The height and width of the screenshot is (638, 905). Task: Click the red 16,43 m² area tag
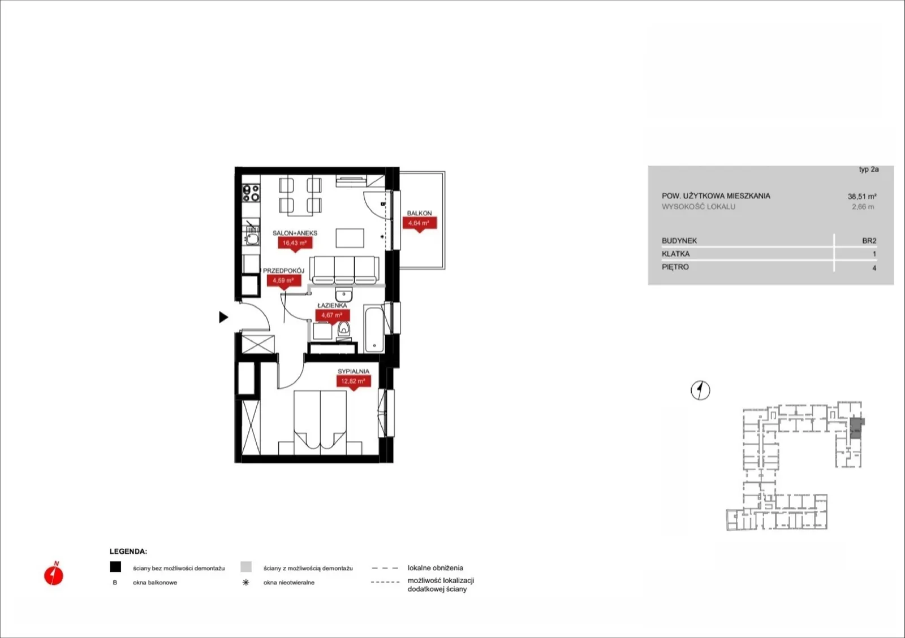tap(295, 244)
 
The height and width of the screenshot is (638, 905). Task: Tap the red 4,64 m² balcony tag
tap(419, 223)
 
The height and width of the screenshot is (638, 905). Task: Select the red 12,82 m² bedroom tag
tap(354, 381)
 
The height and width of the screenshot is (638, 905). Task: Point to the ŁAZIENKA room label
tap(332, 306)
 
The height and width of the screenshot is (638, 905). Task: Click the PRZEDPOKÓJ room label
tap(283, 271)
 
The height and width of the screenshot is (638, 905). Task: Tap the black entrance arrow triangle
tap(223, 317)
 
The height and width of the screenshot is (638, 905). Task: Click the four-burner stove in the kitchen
tap(251, 193)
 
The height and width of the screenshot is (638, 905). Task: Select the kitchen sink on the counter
tap(252, 236)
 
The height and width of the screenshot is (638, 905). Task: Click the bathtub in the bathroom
tap(374, 329)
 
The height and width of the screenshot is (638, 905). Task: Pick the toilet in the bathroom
tap(344, 329)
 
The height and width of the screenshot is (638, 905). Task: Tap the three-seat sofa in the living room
tap(344, 270)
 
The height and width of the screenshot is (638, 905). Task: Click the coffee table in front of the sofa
tap(350, 238)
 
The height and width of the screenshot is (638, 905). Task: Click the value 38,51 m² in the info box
tap(862, 197)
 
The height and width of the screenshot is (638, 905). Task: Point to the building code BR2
tap(869, 241)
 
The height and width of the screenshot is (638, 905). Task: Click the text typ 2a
tap(869, 170)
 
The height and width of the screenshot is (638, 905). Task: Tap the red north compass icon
tap(54, 574)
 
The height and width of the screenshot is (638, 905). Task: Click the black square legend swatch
tap(115, 567)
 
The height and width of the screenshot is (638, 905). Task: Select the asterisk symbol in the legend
tap(245, 582)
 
